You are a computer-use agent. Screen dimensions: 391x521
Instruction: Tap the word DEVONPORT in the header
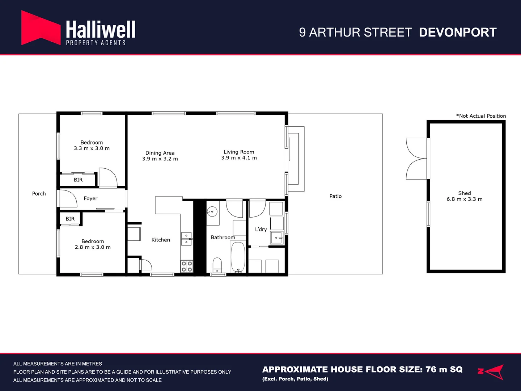pos(458,33)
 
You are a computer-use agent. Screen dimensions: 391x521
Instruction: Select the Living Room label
pos(239,152)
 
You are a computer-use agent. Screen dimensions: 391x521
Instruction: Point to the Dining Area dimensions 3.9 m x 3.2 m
pos(160,159)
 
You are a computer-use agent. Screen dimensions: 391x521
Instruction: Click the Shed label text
pos(465,193)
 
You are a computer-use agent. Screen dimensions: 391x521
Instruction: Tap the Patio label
pos(335,196)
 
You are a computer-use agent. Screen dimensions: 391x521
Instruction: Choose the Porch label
pos(39,194)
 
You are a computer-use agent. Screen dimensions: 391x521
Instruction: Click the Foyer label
pos(90,198)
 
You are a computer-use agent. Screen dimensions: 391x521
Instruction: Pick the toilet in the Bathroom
pos(217,265)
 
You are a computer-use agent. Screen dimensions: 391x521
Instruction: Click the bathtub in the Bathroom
pos(238,257)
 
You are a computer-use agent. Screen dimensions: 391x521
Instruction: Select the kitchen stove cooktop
pos(187,266)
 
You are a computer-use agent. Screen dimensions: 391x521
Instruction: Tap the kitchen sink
pos(186,239)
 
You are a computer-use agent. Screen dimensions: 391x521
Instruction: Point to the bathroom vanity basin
pos(212,211)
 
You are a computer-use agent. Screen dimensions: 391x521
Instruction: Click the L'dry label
pos(261,229)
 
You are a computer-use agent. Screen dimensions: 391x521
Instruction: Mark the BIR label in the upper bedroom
pos(78,180)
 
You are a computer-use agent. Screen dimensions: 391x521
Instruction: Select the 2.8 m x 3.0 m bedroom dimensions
pos(93,247)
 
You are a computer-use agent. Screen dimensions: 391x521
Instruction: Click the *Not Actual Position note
pos(481,116)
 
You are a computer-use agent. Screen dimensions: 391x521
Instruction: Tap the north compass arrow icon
pos(491,372)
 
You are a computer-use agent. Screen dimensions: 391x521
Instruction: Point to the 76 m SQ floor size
pos(444,370)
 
